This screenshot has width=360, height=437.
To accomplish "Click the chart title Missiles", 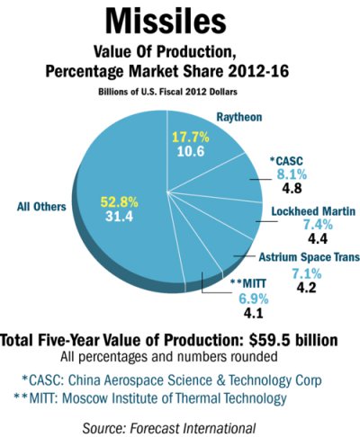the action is [166, 21].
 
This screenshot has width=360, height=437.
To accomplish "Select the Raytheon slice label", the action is [239, 117].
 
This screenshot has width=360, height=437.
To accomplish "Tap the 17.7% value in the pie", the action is [191, 138].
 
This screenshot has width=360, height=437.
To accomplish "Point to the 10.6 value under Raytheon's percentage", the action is [191, 151].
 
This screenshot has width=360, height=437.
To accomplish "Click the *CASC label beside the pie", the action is [286, 161].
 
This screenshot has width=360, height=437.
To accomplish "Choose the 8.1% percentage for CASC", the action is [292, 174].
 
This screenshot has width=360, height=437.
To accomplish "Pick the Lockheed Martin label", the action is [313, 211].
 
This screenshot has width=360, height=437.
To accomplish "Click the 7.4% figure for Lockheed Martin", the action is [318, 225].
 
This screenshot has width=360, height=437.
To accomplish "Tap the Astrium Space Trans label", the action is [310, 257].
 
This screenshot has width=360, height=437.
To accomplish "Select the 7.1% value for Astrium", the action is [307, 273].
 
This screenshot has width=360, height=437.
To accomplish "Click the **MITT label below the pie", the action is [248, 283].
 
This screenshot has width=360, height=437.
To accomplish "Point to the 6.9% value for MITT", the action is [254, 299].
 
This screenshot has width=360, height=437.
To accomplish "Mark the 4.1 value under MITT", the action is [254, 313].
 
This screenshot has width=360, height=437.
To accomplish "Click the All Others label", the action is [41, 207].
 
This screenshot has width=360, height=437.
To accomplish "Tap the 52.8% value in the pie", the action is [119, 202].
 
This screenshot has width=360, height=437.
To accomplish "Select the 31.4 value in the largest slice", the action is [119, 216].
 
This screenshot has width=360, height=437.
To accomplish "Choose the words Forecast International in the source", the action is [193, 428].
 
